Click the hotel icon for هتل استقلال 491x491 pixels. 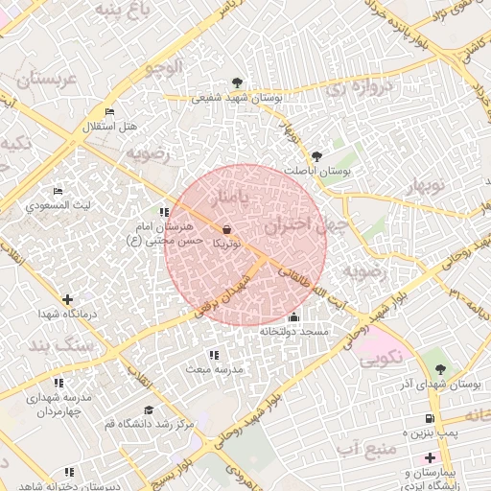click(x=108, y=112)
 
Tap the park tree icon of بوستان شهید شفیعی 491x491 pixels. click(x=237, y=82)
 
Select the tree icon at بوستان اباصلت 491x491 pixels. click(x=317, y=155)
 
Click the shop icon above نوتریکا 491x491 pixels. click(x=226, y=229)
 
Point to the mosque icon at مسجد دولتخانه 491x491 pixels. click(x=292, y=317)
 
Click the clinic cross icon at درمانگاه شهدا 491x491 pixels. click(x=66, y=300)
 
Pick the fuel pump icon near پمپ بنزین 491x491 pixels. click(x=429, y=418)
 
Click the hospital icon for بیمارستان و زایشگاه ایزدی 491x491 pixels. click(x=431, y=457)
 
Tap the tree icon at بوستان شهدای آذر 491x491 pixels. click(x=440, y=368)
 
